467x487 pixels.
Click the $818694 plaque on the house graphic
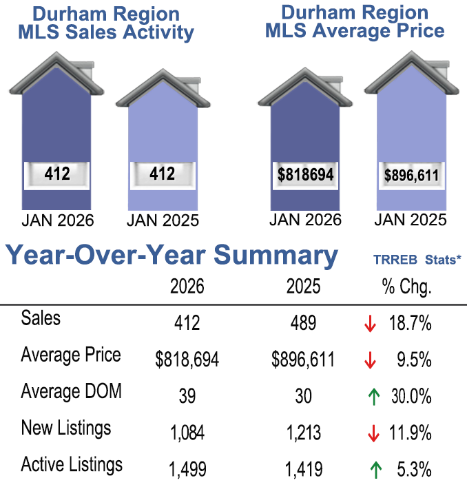(x=306, y=175)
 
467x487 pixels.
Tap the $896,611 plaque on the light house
(x=411, y=176)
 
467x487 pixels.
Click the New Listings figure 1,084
(x=187, y=433)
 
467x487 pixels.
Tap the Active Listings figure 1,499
(x=187, y=470)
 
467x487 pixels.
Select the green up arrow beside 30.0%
(x=375, y=397)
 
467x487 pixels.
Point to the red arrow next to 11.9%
(x=374, y=433)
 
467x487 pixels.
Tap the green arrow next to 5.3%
(x=376, y=470)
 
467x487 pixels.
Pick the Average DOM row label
(x=71, y=391)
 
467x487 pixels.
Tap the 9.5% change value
(x=413, y=360)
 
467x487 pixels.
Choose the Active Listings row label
(x=72, y=464)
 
